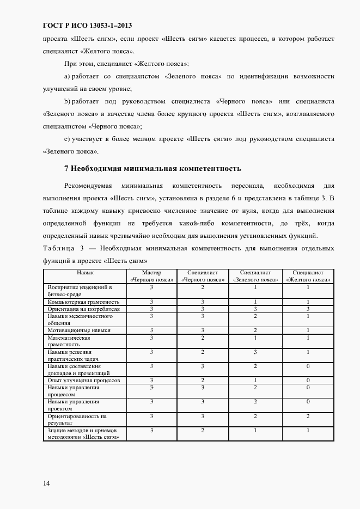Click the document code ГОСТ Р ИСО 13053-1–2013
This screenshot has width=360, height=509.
[87, 26]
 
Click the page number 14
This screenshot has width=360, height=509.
[46, 482]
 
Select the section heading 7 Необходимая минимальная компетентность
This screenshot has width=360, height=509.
[152, 168]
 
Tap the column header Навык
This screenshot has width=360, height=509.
[85, 272]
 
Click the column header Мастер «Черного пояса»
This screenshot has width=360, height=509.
[152, 276]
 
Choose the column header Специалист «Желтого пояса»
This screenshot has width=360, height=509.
[308, 276]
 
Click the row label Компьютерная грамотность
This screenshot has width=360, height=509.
[80, 302]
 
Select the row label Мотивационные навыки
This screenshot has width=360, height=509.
[79, 330]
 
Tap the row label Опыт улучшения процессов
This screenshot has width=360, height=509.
[80, 380]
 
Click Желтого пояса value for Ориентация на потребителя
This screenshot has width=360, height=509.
[308, 309]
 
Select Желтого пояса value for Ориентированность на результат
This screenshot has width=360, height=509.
[308, 416]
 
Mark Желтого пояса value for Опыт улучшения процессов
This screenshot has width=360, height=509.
[308, 380]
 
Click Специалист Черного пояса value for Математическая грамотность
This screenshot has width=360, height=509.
[203, 338]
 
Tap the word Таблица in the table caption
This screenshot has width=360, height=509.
[59, 248]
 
